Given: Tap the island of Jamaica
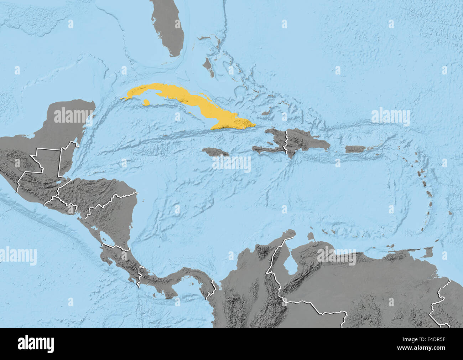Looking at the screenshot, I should coord(216,152).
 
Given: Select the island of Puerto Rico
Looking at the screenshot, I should coord(355,149).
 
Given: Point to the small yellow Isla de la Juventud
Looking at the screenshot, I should coord(146,103).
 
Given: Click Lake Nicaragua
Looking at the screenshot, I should coord(105,237).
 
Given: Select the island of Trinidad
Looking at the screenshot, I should coord(427,253).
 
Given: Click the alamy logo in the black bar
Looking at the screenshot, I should coord(36,344).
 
